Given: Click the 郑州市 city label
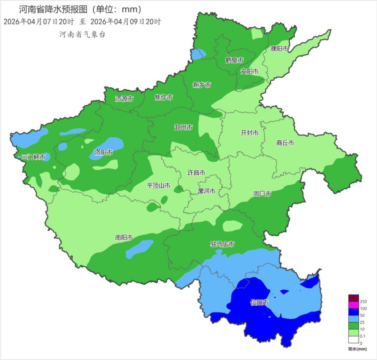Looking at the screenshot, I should coord(183,127).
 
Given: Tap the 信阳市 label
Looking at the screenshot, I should coord(260,303).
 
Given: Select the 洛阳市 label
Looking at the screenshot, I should coord(104,152).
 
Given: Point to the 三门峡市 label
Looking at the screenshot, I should coord(33,157).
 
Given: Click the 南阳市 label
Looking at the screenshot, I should coord(124,238).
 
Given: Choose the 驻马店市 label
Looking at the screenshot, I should coord(223,244).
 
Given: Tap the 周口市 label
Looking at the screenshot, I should coord(262,194).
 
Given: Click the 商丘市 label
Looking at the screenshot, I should coord(285,143).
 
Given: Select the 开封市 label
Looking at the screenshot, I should coord(249,133).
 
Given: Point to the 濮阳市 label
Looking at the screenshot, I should coord(279,49).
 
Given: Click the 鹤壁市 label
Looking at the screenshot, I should coord(234,60).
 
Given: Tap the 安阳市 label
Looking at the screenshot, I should coord(249,72).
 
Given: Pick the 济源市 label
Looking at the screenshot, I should coord(124,99).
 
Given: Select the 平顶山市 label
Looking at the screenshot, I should coord(158,186).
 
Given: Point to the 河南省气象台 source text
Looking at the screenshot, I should coord(82,35).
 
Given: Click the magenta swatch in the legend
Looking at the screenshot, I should coord(353,305).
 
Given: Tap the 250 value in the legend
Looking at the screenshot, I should coord(363,301).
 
